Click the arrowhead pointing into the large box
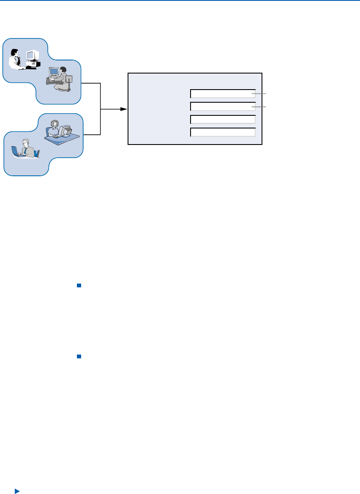[x=124, y=109]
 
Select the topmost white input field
[x=223, y=94]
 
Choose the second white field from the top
[x=223, y=106]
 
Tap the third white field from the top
[x=223, y=119]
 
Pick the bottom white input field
[x=223, y=132]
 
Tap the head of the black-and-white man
[x=15, y=52]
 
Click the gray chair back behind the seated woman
[x=69, y=79]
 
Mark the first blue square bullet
[x=79, y=286]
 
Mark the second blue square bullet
[x=79, y=357]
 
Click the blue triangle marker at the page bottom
[x=17, y=491]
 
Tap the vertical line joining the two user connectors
[x=101, y=109]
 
